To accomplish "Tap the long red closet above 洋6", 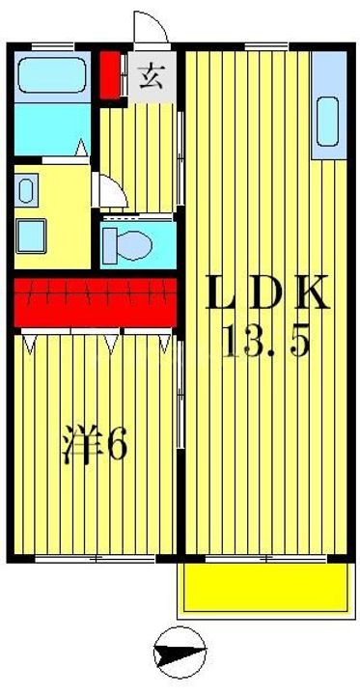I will (x=95, y=302).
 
